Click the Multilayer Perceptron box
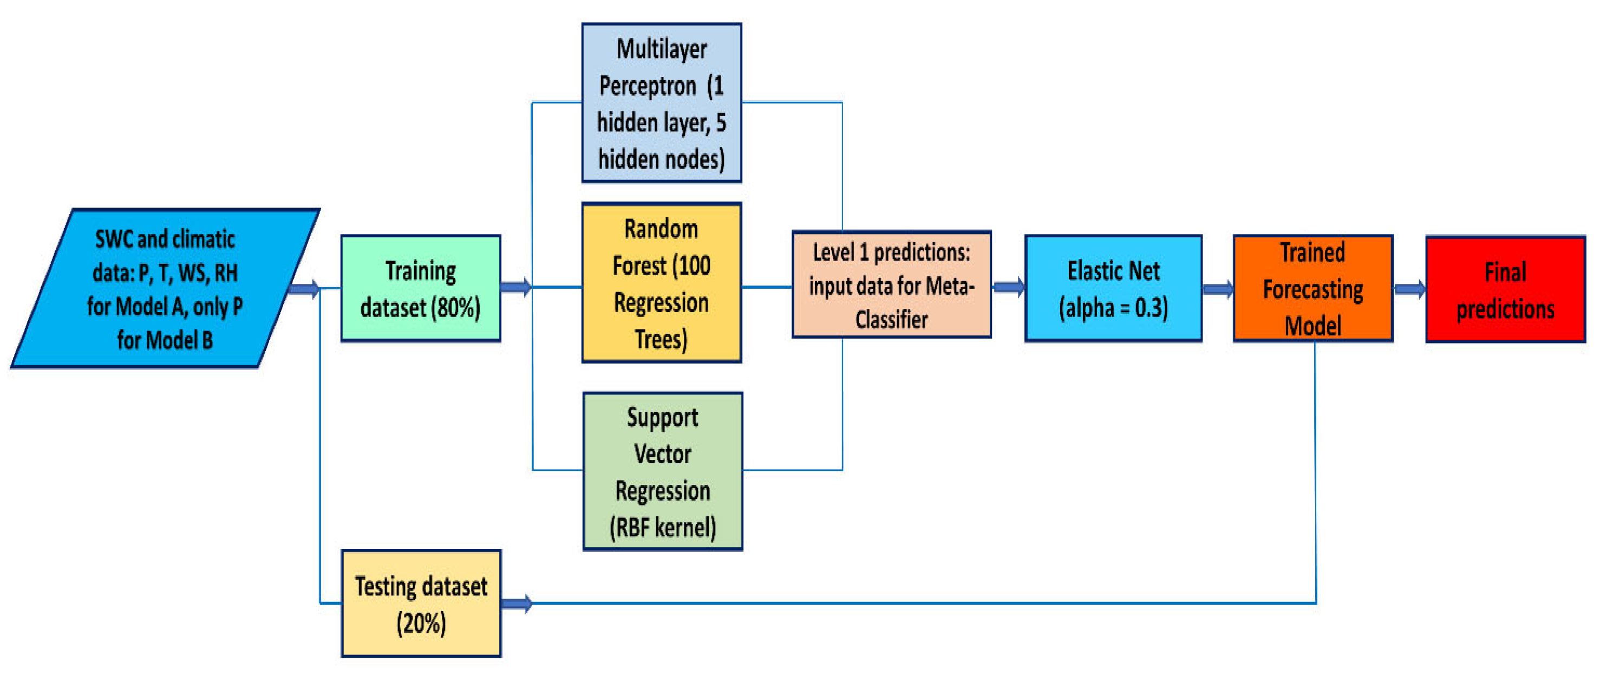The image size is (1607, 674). [661, 103]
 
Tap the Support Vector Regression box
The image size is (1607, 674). [663, 471]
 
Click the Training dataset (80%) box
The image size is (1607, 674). [421, 288]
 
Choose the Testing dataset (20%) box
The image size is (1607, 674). [421, 603]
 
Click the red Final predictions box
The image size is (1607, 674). [1505, 289]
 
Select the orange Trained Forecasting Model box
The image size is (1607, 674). [1312, 288]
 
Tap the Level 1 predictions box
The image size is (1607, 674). [891, 284]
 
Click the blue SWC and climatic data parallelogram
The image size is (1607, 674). [165, 288]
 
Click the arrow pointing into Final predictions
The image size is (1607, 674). [1409, 289]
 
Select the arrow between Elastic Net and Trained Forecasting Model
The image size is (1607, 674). [1217, 289]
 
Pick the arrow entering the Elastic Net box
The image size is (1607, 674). [1008, 287]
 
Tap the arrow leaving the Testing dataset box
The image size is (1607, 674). [517, 603]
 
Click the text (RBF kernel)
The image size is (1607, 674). [663, 528]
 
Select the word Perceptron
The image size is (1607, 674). [648, 86]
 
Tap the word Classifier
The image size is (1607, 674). [891, 320]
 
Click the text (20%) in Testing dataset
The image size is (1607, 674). [421, 623]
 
